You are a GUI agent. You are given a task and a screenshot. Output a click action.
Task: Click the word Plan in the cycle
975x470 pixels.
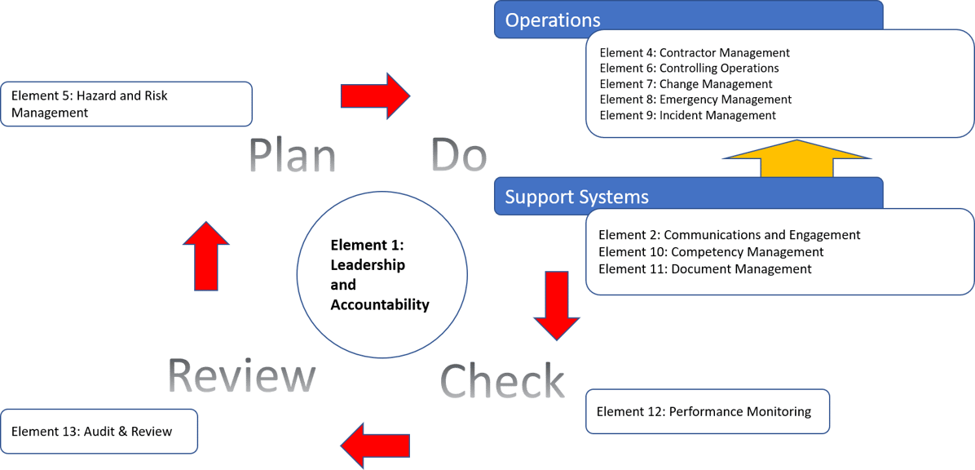[x=293, y=156]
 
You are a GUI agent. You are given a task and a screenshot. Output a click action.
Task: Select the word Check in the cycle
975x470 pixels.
[x=502, y=381]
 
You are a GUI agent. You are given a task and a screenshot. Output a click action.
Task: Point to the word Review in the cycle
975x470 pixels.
[x=241, y=377]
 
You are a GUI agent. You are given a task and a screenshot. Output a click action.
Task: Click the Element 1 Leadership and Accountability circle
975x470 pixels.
[x=382, y=274]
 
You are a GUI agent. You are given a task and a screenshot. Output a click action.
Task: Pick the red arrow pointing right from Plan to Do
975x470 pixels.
[x=375, y=96]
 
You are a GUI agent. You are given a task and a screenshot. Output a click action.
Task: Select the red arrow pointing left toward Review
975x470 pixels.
[x=374, y=446]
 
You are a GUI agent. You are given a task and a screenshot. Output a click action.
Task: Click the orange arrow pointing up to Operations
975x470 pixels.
[x=796, y=159]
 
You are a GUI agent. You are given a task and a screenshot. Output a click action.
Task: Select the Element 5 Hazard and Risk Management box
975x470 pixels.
[x=126, y=104]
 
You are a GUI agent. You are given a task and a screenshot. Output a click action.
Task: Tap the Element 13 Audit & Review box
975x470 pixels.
[x=99, y=431]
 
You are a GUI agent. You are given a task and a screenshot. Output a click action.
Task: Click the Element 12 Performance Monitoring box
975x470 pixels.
[x=707, y=411]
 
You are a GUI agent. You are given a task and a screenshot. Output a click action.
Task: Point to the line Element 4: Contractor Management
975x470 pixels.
[x=695, y=53]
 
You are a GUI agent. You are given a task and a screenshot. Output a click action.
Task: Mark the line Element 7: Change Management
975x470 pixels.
[x=686, y=84]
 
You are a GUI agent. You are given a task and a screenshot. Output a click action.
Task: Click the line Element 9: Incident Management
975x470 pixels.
[x=687, y=115]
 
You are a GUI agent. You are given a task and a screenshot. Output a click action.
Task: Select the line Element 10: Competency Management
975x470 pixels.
[x=711, y=252]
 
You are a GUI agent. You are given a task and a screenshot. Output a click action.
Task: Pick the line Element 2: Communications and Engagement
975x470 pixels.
[x=729, y=235]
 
